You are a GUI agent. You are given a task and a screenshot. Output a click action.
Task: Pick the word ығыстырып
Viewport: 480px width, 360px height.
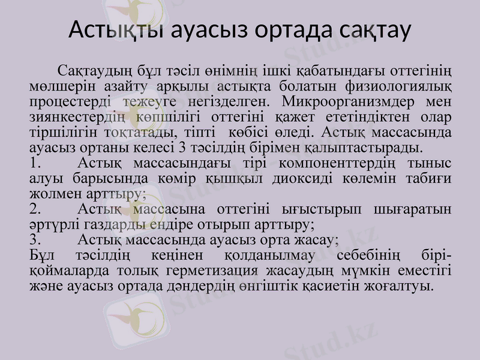[322, 209]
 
